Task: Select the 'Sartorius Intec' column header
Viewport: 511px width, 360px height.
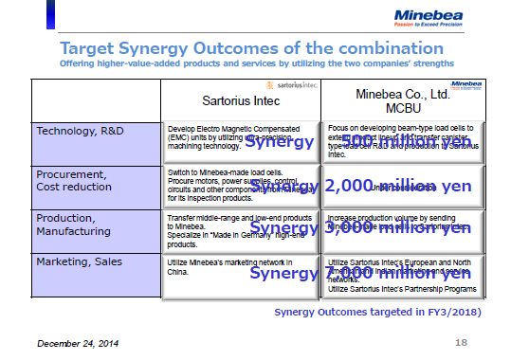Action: pos(240,99)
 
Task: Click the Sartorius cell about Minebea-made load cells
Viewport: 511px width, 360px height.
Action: pos(241,186)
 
